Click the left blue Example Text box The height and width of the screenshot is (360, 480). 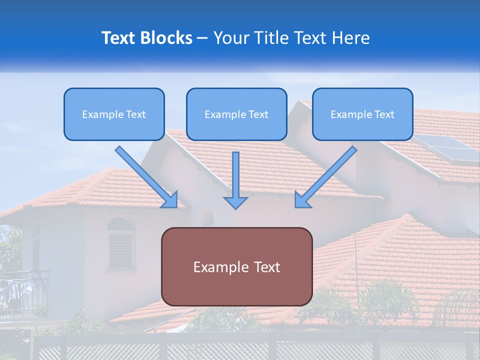click(x=114, y=114)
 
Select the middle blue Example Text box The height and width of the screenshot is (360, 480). click(x=236, y=114)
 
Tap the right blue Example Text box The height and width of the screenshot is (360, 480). click(x=362, y=114)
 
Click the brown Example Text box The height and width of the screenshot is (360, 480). click(x=236, y=266)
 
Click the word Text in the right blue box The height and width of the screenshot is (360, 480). click(x=384, y=114)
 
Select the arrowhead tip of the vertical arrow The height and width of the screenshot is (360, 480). click(x=235, y=206)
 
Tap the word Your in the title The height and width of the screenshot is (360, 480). click(x=229, y=38)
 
